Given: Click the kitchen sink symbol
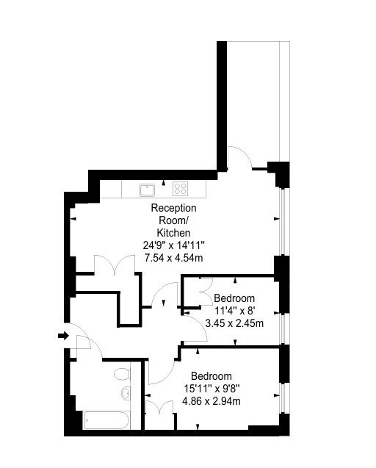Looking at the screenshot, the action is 147,190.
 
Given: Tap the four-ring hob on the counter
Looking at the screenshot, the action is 180,189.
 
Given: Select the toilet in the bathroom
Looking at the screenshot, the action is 122,374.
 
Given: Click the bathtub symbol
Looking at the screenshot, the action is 106,420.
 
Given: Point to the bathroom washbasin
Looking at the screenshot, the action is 126,393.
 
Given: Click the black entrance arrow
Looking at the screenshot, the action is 63,336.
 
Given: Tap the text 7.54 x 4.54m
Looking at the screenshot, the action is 173,258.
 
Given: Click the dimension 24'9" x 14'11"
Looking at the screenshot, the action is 173,245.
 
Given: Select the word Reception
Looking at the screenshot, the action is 173,208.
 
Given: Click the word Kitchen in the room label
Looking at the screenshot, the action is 173,233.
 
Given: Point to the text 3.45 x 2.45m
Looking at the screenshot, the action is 234,323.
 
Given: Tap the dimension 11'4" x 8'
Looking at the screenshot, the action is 235,311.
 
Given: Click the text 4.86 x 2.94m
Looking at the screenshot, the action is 211,401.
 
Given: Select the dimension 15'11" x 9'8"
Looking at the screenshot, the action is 212,389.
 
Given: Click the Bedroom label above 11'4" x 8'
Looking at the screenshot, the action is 234,298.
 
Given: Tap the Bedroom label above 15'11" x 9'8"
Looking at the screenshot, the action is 211,376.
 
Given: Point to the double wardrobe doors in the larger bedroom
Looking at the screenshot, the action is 159,407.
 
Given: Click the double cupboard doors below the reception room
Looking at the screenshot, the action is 115,264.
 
